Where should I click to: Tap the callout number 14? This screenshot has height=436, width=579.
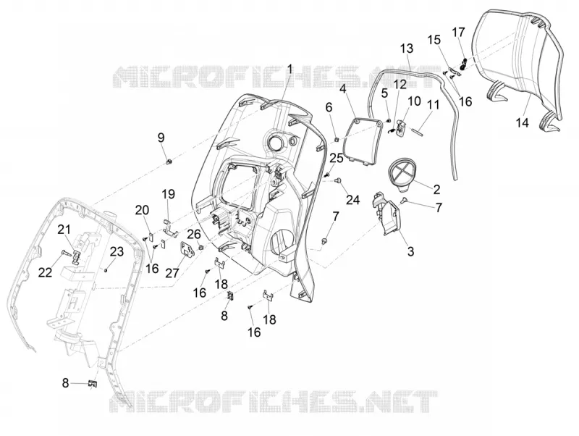point(523,122)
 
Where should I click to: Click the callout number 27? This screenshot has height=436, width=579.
point(172,273)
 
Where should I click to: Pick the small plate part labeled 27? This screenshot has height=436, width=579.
point(187,249)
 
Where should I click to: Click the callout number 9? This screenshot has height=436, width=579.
point(161,138)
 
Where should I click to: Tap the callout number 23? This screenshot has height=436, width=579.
point(117,252)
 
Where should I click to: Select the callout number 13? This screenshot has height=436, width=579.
point(407,49)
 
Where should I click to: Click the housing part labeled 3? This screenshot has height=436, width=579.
point(386,213)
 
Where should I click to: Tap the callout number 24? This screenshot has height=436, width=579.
point(352,200)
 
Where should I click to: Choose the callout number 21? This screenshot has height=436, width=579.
point(64,230)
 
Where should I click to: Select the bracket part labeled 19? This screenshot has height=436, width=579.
point(170,227)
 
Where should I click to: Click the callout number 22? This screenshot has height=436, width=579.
point(46,272)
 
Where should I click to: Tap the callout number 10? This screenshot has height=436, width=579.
point(414,101)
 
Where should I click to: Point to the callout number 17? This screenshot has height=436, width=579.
point(459,33)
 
